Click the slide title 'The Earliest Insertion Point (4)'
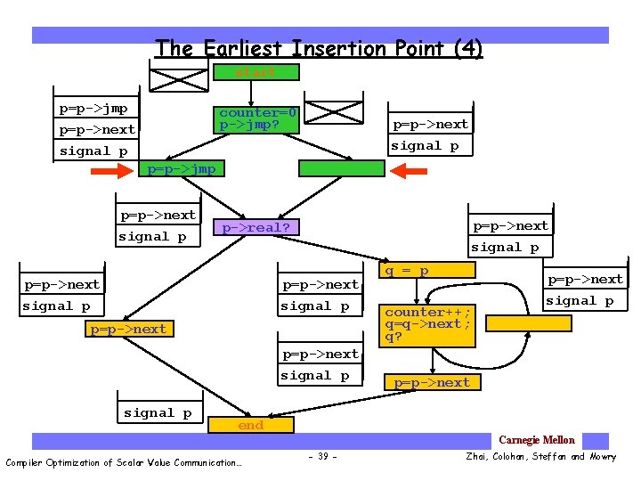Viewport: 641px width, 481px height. point(318,48)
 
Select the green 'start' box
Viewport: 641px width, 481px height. point(256,72)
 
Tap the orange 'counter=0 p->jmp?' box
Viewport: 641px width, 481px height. point(258,119)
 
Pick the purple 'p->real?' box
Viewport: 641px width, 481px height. point(256,227)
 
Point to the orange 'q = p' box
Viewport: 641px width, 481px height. point(427,270)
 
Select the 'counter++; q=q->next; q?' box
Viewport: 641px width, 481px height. point(427,324)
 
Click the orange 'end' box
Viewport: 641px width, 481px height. point(250,426)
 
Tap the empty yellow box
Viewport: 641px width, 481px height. point(529,322)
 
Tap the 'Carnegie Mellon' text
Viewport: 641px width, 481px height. point(536,440)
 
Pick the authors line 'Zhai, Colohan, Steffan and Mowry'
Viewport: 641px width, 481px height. point(540,457)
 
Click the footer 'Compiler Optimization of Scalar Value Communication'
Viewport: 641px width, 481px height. point(123,461)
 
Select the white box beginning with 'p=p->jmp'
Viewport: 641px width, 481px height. point(97,129)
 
